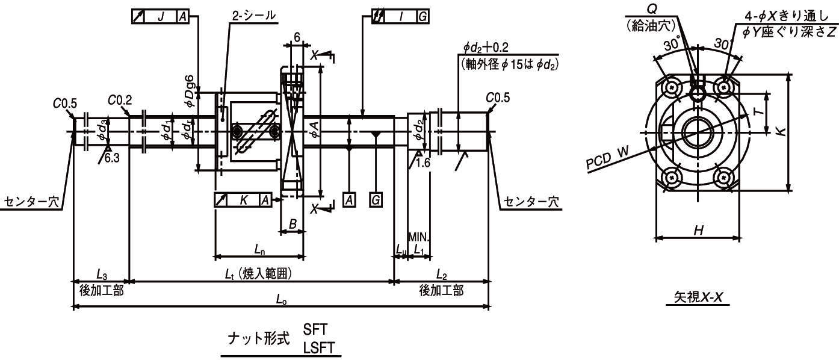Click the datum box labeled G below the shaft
pyautogui.click(x=376, y=200)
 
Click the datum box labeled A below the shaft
pyautogui.click(x=350, y=200)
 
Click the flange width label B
pyautogui.click(x=293, y=223)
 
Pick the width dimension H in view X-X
pyautogui.click(x=698, y=229)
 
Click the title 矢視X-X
pyautogui.click(x=698, y=297)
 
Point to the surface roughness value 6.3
pyautogui.click(x=111, y=158)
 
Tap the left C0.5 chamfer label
pyautogui.click(x=64, y=103)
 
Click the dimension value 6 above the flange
pyautogui.click(x=297, y=36)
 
